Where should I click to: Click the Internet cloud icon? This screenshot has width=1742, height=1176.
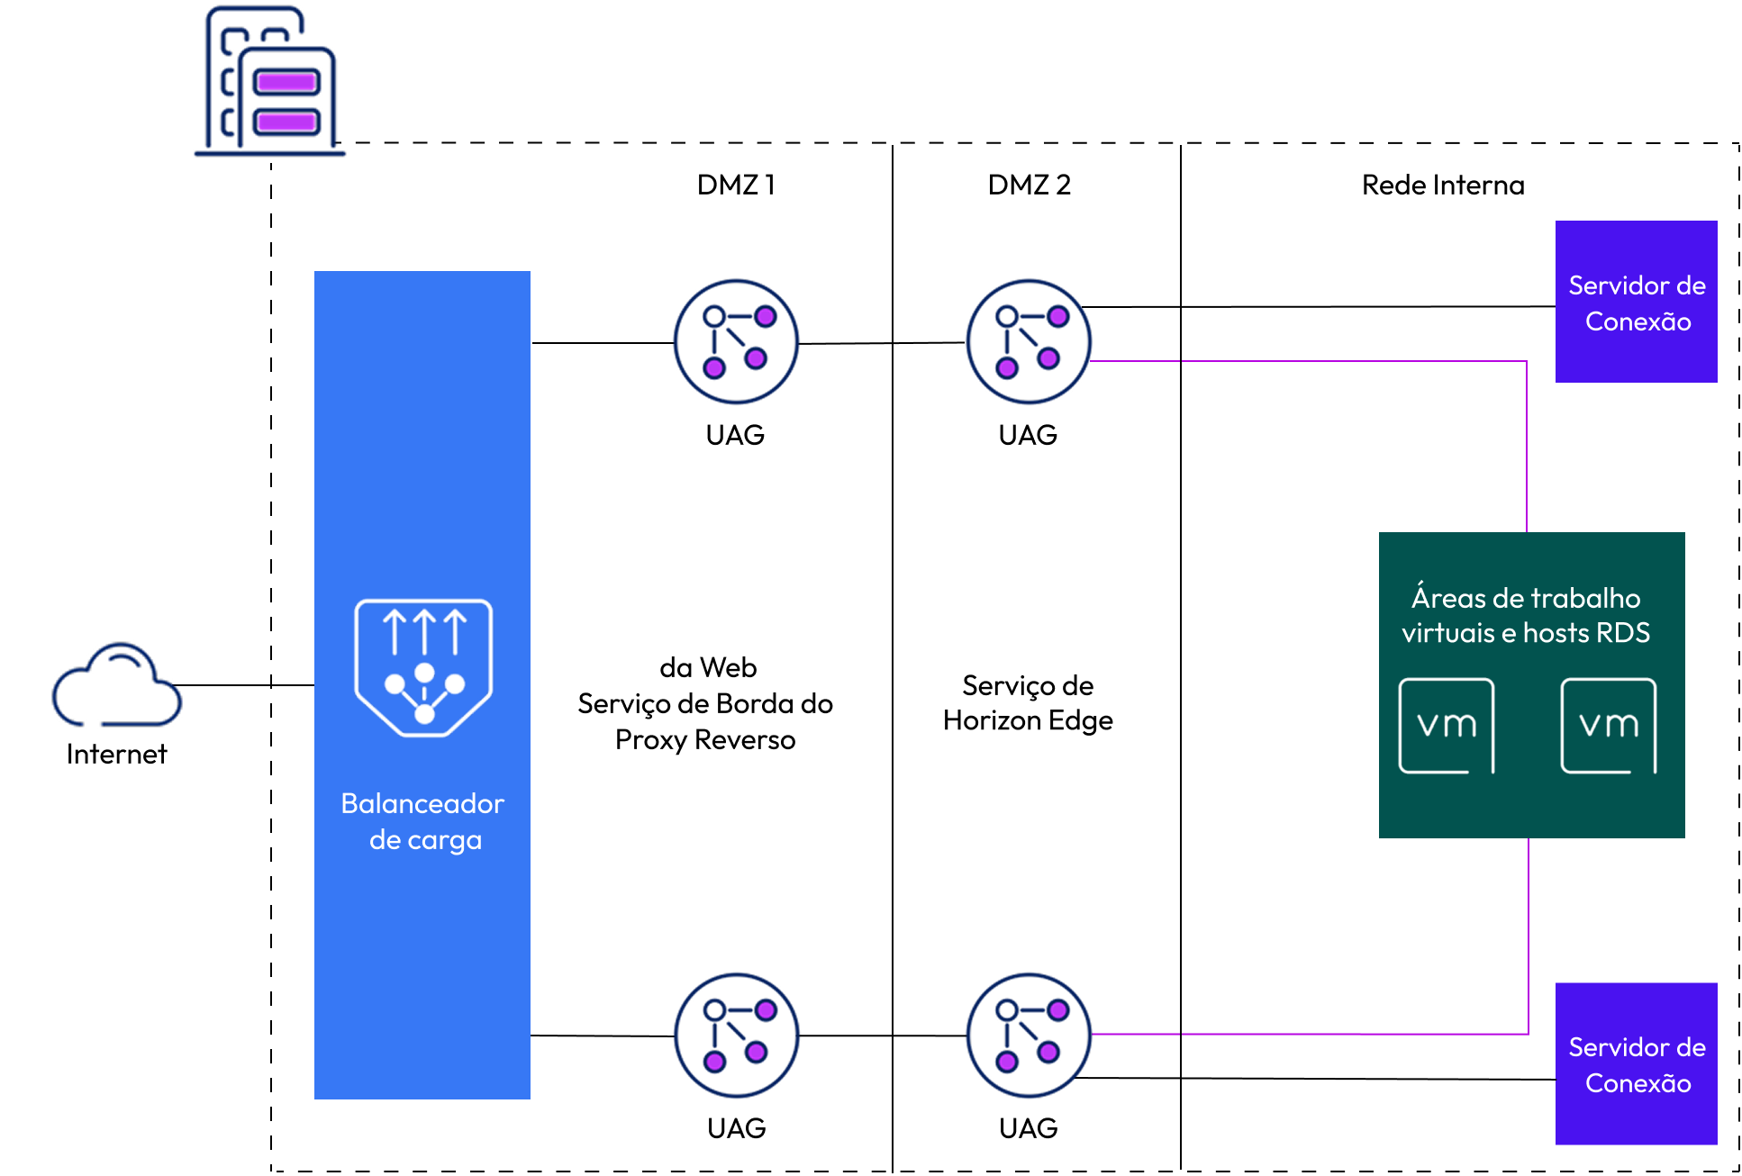pyautogui.click(x=117, y=684)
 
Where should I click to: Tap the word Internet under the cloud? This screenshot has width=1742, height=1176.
pyautogui.click(x=117, y=754)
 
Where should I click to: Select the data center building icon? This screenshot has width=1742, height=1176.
pyautogui.click(x=269, y=81)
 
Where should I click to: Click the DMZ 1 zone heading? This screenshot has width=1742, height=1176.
pyautogui.click(x=736, y=185)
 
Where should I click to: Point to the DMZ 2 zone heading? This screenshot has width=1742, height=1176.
pyautogui.click(x=1029, y=185)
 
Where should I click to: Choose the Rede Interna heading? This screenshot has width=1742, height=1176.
pyautogui.click(x=1443, y=185)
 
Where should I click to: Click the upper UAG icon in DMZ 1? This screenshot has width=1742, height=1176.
pyautogui.click(x=736, y=341)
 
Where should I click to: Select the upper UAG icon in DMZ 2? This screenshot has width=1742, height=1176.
pyautogui.click(x=1029, y=341)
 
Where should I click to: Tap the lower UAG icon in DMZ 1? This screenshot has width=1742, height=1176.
pyautogui.click(x=737, y=1035)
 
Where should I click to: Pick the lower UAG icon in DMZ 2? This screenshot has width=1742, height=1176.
pyautogui.click(x=1029, y=1035)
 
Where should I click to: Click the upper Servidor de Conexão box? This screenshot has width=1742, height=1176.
pyautogui.click(x=1637, y=302)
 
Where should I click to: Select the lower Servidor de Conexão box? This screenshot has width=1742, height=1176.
pyautogui.click(x=1637, y=1063)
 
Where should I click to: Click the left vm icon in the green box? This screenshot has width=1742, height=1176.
pyautogui.click(x=1447, y=726)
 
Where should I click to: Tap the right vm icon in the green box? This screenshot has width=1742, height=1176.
pyautogui.click(x=1609, y=726)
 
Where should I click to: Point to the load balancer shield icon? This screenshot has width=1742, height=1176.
pyautogui.click(x=423, y=667)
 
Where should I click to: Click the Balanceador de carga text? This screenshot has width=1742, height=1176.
pyautogui.click(x=423, y=821)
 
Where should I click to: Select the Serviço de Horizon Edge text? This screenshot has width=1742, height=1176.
pyautogui.click(x=1028, y=702)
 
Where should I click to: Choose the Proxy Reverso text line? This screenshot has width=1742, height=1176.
pyautogui.click(x=705, y=739)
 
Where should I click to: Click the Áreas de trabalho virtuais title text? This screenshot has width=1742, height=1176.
pyautogui.click(x=1526, y=615)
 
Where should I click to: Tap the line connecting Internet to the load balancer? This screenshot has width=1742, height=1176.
pyautogui.click(x=243, y=685)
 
